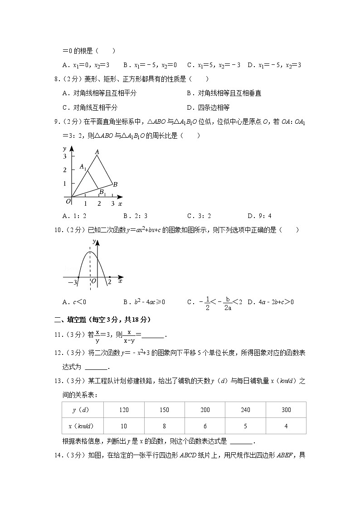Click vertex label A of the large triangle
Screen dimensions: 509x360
[97, 152]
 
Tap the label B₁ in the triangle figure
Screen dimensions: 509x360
[103, 192]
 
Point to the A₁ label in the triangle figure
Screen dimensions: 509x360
[83, 167]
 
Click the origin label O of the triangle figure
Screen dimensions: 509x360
[68, 200]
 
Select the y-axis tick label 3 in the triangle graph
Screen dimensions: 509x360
[65, 156]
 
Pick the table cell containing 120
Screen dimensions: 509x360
[124, 410]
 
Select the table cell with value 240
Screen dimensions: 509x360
[245, 410]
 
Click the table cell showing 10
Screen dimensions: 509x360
[124, 426]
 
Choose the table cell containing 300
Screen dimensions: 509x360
[286, 410]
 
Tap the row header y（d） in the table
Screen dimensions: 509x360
[83, 410]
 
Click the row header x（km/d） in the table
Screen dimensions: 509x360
[83, 426]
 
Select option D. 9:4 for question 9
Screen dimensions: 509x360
[260, 216]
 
